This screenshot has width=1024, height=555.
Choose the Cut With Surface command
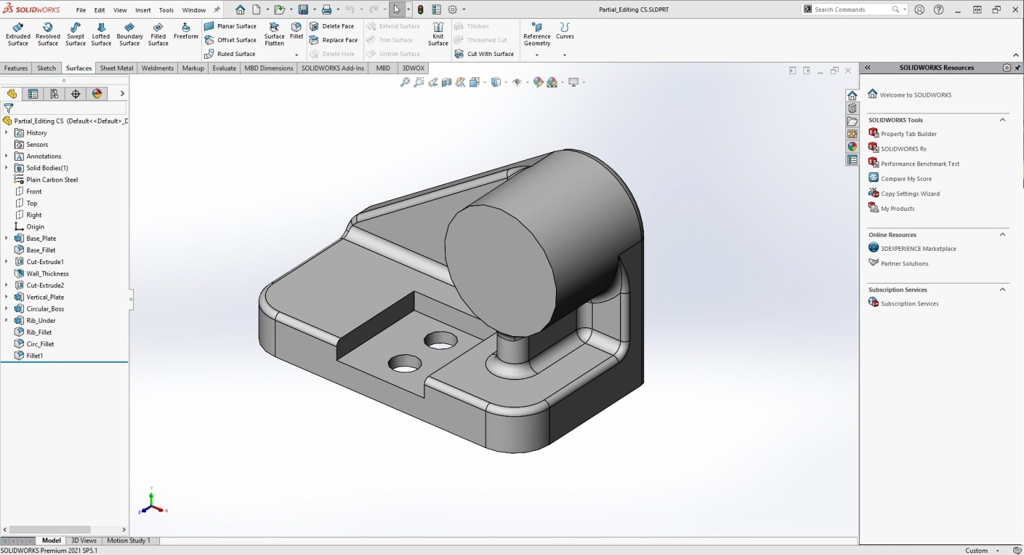tap(484, 54)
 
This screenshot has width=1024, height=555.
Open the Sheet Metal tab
tap(117, 68)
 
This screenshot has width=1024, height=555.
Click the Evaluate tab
tap(224, 68)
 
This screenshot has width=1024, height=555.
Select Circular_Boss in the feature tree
tap(45, 309)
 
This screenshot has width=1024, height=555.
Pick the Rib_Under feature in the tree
tap(41, 321)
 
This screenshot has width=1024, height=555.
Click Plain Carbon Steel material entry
tap(51, 180)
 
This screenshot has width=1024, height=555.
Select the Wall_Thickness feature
tap(47, 273)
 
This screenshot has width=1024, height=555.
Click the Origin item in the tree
tap(35, 227)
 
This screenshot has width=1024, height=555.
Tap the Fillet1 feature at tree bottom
tap(35, 356)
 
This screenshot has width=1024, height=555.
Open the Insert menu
tap(143, 10)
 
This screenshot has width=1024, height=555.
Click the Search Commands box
tap(851, 9)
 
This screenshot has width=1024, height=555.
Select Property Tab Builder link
tap(908, 134)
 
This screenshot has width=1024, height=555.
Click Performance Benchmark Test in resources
tap(919, 164)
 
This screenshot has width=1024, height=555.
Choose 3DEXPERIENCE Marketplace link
tap(918, 249)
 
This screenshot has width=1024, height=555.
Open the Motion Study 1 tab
tap(129, 541)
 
